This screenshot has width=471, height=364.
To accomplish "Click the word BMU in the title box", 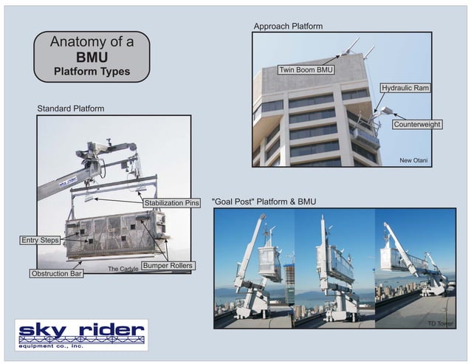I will point(92,57).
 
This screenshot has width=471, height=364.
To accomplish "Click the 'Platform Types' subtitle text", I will point(92,72).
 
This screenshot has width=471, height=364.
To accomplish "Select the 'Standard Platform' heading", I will point(71,109).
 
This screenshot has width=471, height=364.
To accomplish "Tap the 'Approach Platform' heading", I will point(288,26).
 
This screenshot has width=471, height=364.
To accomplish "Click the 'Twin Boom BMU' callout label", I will point(306,70).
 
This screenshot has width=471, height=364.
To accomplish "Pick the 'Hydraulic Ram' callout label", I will point(405,88).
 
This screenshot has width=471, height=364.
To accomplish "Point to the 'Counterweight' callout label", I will point(417,125).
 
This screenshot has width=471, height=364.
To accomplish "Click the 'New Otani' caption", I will point(414,159).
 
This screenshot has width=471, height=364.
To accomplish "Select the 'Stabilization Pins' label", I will point(171,202).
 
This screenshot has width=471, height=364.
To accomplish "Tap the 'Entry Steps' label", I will point(40,240).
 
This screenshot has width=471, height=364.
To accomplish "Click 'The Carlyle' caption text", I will point(123,269).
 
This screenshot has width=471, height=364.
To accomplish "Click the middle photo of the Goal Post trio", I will point(334,267).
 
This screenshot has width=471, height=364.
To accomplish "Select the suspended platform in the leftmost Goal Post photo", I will point(269,262).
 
